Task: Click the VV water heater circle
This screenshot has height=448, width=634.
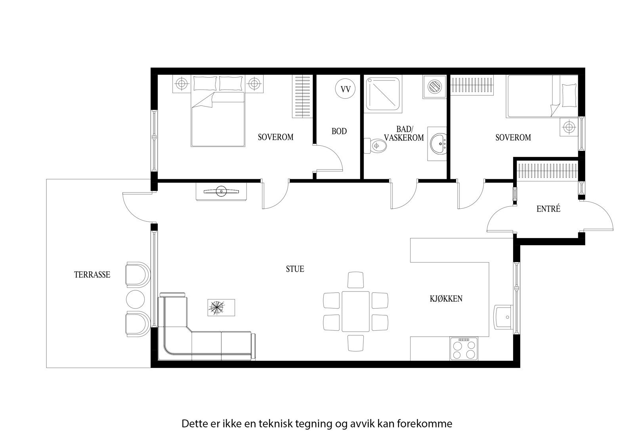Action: [345, 89]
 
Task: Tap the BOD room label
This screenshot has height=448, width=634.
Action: [339, 132]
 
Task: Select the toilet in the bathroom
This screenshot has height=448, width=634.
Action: [375, 146]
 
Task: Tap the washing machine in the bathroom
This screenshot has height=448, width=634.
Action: [434, 87]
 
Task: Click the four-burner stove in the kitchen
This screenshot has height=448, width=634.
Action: [464, 349]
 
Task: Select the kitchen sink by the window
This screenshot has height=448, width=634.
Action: [504, 317]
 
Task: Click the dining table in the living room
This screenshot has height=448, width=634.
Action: [355, 311]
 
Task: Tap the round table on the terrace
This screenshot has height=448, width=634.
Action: [135, 299]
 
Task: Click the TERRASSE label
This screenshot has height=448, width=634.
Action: [92, 275]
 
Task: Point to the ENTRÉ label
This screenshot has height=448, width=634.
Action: [548, 209]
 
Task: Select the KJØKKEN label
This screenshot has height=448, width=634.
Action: [446, 299]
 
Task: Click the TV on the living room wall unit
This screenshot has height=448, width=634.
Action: [221, 192]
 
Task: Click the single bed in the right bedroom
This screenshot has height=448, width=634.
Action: [542, 96]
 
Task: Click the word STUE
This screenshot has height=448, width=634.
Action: [295, 269]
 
